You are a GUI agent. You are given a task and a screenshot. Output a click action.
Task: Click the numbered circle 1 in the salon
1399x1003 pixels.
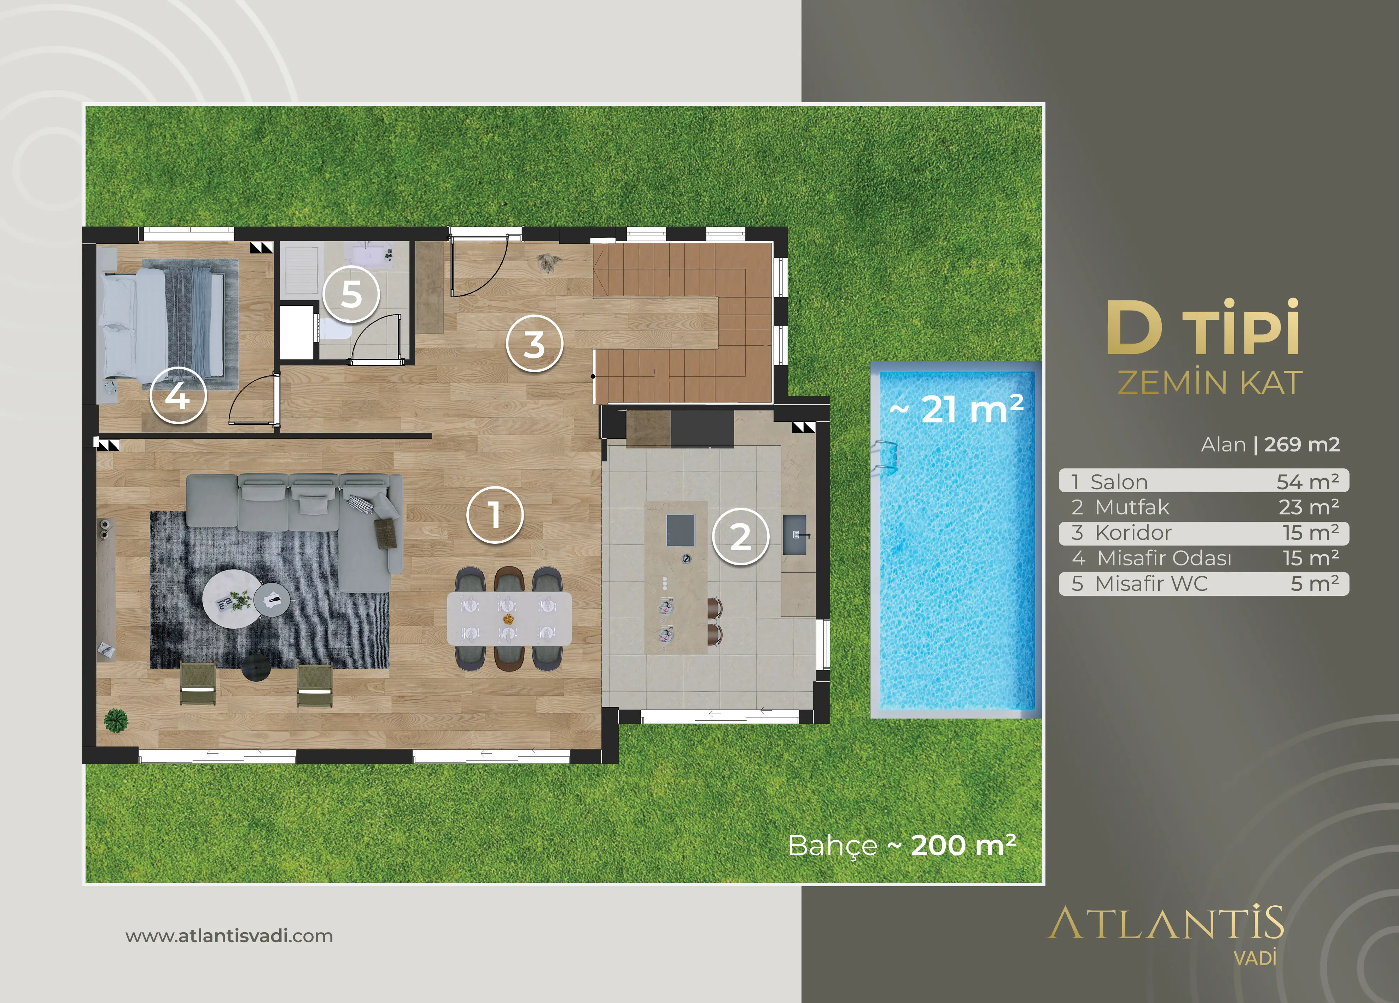point(495,515)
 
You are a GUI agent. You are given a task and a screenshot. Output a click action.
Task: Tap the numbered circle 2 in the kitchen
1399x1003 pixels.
point(740,536)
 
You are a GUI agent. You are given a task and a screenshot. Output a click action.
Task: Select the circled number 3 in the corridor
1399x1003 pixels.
point(534,344)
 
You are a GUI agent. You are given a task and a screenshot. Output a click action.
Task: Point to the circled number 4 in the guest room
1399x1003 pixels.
point(177,395)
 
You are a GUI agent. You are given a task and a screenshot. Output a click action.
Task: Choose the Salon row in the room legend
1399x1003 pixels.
point(1204,481)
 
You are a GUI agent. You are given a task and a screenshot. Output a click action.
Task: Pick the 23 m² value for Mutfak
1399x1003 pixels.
point(1309,507)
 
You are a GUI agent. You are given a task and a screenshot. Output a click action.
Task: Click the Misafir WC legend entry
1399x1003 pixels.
point(1204,583)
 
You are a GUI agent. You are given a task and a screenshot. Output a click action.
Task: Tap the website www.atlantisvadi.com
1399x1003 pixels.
point(229,936)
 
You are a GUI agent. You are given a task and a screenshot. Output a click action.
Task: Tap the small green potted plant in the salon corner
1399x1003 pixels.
point(116,720)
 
